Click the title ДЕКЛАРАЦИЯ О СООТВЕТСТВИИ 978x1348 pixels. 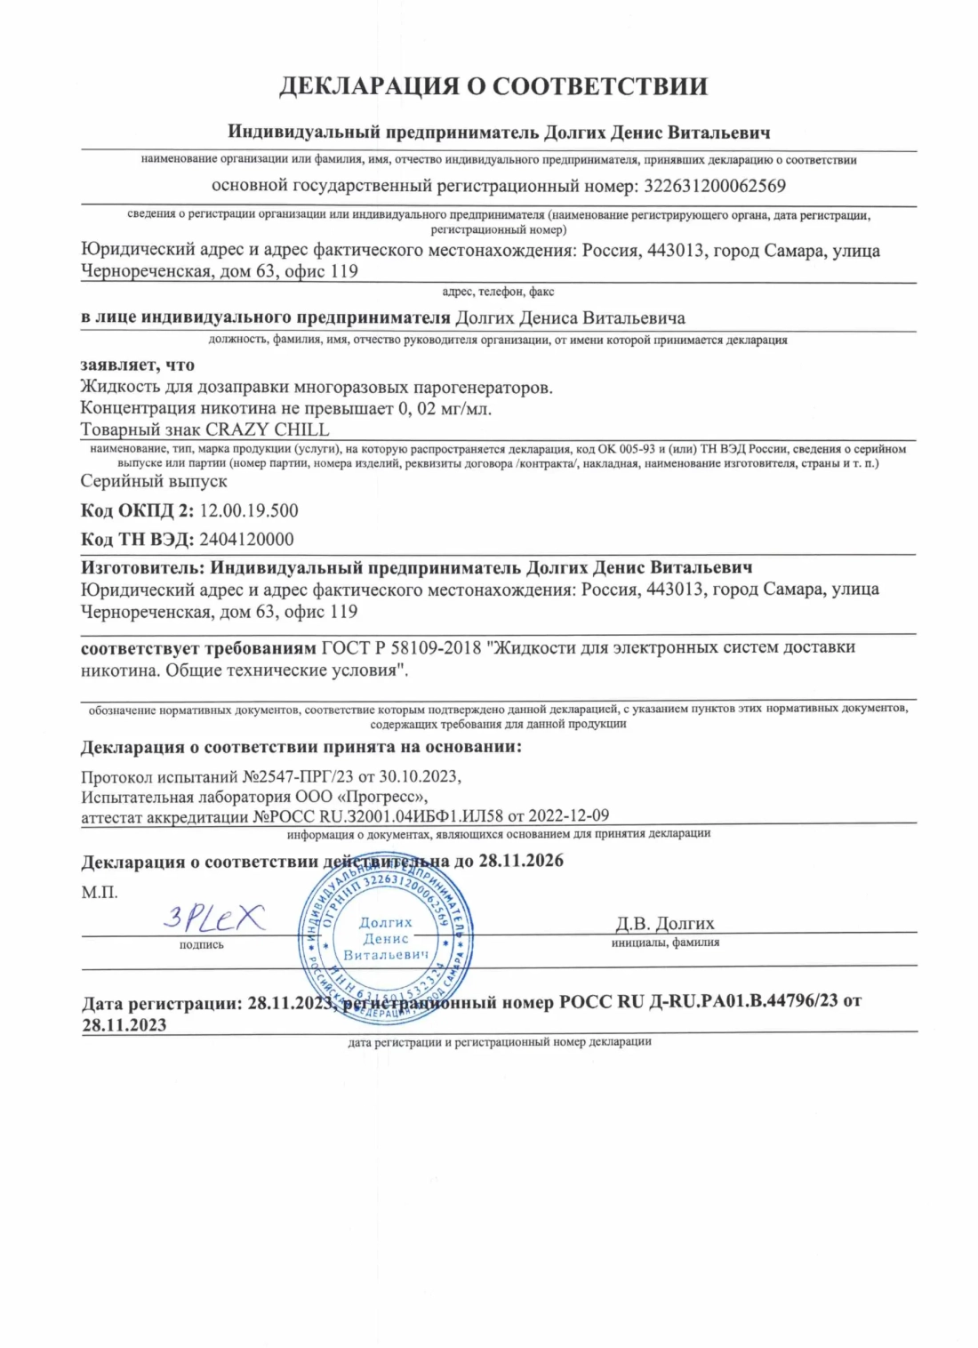[x=493, y=86]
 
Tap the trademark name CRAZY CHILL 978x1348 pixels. [x=268, y=429]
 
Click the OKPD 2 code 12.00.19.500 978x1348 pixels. [x=249, y=510]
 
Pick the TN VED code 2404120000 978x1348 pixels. [x=246, y=539]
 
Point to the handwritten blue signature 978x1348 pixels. [x=213, y=917]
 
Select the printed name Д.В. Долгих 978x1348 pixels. [x=665, y=923]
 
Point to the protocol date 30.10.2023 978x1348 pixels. [x=420, y=776]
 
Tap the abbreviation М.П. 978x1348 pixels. [x=100, y=892]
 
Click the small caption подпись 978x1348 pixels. [x=202, y=944]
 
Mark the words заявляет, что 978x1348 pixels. [x=137, y=365]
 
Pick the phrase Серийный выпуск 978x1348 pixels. [x=154, y=481]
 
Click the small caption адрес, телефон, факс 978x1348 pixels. [x=498, y=292]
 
